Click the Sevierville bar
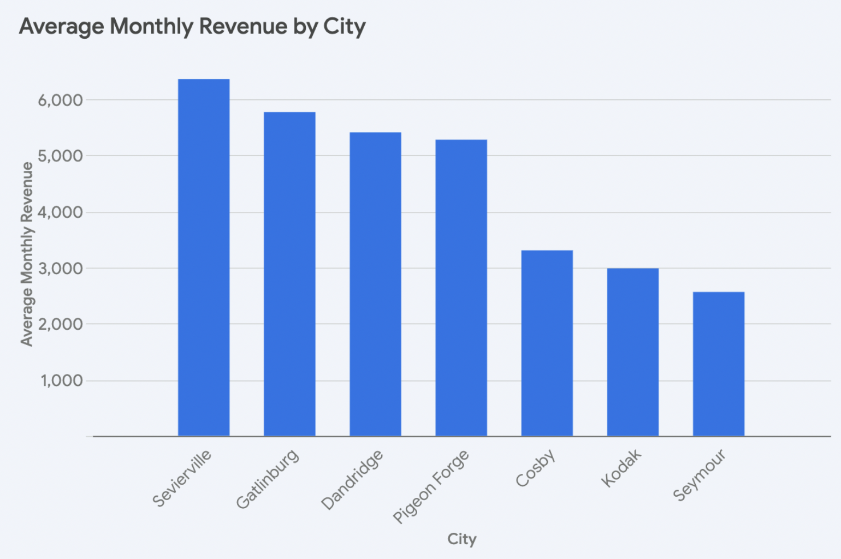pos(204,258)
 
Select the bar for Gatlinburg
pos(289,274)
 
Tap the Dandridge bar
pos(375,284)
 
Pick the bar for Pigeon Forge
pos(461,288)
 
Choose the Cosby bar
pos(547,343)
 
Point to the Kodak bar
pos(632,352)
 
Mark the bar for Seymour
pos(718,364)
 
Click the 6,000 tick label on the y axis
pos(60,100)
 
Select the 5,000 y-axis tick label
pos(60,156)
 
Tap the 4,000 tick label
pos(60,212)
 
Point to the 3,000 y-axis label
pos(60,269)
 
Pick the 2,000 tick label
pos(60,324)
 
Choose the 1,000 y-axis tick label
pos(62,380)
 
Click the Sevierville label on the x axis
pos(182,478)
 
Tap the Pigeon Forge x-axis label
pos(431,486)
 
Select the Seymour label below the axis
pos(700,475)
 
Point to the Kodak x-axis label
pos(621,468)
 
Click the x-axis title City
pos(461,539)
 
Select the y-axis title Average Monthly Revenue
pos(27,254)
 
